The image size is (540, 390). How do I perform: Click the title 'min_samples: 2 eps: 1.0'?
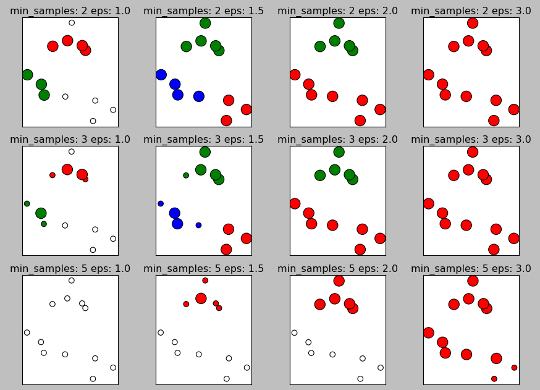(70, 11)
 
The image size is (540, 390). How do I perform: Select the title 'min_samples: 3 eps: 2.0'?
(338, 139)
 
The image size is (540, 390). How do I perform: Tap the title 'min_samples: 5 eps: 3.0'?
(471, 268)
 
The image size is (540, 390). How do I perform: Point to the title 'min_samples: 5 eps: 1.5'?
(204, 268)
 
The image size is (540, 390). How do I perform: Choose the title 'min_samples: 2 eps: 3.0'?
(471, 11)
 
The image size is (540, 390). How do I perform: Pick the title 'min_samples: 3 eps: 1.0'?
(70, 139)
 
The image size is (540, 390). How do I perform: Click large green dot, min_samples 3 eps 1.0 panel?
(41, 213)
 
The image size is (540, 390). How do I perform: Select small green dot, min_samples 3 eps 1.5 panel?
(186, 175)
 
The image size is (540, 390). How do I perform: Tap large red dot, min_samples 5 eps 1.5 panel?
(201, 299)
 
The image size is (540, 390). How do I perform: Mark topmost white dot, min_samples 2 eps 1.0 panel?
(72, 23)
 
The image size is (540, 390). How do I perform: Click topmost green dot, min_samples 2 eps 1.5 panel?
(205, 23)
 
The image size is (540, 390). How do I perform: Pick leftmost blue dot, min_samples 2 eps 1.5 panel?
(161, 75)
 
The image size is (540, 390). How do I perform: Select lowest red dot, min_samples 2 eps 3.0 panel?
(494, 121)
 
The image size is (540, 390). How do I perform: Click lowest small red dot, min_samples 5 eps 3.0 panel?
(494, 378)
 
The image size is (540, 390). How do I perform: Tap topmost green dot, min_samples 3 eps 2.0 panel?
(339, 152)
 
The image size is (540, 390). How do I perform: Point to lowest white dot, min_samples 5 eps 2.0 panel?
(360, 378)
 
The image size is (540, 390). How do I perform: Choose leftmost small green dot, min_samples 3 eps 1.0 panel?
(27, 203)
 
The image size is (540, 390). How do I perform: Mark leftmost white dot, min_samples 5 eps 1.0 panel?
(27, 333)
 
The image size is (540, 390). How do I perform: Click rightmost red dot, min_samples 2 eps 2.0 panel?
(380, 109)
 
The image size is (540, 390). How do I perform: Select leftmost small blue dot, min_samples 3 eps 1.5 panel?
(161, 203)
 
